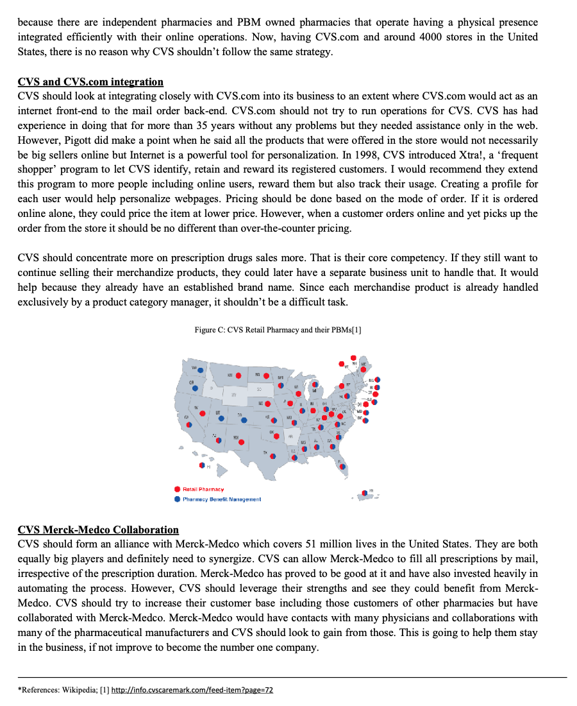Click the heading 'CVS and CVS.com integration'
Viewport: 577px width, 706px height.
(90, 82)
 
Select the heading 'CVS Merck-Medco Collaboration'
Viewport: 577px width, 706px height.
(98, 529)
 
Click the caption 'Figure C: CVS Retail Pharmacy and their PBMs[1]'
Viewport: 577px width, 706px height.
(278, 329)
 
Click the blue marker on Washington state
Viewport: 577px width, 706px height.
(200, 370)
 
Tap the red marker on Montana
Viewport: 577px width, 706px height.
(238, 375)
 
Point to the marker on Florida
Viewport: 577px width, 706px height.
(343, 467)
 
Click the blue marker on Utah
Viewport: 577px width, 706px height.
(221, 418)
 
